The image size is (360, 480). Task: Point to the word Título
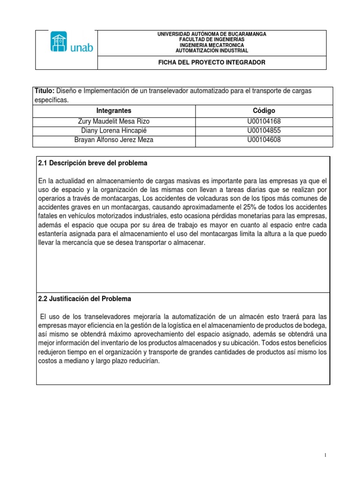tap(45, 90)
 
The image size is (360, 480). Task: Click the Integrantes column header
tap(114, 111)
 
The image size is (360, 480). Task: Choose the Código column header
tap(263, 111)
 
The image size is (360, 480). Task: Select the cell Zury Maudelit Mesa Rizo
tap(114, 121)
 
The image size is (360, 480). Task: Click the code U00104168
tap(263, 121)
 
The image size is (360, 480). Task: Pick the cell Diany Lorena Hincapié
tap(114, 130)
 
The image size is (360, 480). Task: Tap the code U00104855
tap(263, 130)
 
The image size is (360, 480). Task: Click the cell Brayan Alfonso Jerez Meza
tap(114, 140)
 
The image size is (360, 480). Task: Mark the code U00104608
tap(263, 140)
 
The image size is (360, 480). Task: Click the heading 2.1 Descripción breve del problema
tap(92, 163)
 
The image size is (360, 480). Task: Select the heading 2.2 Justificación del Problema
tap(84, 299)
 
